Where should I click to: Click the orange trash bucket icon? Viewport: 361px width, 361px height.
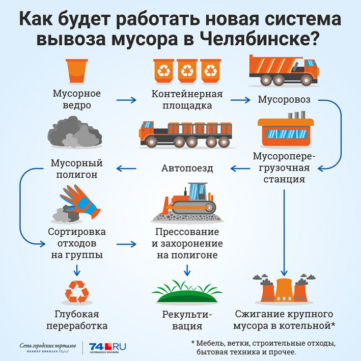click(x=77, y=71)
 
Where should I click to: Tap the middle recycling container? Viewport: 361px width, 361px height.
click(x=187, y=71)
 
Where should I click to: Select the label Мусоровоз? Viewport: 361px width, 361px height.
click(x=284, y=99)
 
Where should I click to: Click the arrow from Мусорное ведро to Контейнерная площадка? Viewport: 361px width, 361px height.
click(x=126, y=100)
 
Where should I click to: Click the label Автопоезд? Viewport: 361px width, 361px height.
click(x=187, y=169)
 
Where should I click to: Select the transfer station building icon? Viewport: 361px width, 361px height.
click(x=286, y=130)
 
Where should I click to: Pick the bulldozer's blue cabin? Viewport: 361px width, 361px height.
click(x=198, y=191)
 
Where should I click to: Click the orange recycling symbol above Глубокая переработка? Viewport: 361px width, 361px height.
click(x=77, y=292)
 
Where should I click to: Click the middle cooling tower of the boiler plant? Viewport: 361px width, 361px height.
click(x=284, y=290)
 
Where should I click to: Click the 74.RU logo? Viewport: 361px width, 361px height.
click(x=107, y=347)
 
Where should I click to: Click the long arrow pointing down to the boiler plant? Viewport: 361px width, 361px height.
click(x=284, y=233)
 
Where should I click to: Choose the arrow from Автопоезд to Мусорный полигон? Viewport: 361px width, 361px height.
click(x=126, y=169)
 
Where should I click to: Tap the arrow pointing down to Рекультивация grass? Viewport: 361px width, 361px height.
click(x=187, y=270)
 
